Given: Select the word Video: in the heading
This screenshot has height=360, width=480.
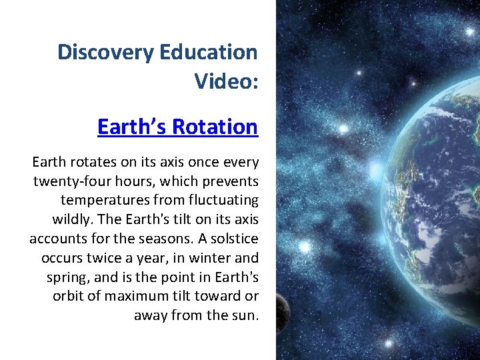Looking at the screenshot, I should tap(225, 81).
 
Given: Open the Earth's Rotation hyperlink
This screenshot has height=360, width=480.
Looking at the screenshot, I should tap(177, 127).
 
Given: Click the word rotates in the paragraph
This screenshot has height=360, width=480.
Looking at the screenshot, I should tap(88, 163).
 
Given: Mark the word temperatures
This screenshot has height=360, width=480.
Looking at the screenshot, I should tap(105, 200).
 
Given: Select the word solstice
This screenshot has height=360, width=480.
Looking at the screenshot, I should tap(232, 239).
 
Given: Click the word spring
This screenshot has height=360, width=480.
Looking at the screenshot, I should tap(67, 277).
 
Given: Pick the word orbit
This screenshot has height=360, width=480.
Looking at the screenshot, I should tap(68, 296).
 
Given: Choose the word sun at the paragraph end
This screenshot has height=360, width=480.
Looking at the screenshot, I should tap(244, 315).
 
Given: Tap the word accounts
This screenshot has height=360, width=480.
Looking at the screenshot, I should tap(55, 239).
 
